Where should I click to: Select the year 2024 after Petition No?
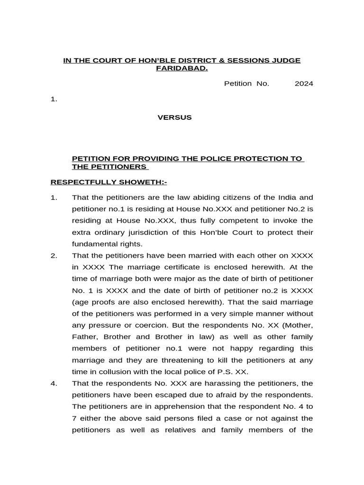click(x=304, y=84)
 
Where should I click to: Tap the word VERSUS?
click(x=174, y=117)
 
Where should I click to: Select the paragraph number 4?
click(x=54, y=383)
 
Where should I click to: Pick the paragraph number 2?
click(x=54, y=255)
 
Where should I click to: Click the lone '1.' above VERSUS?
click(x=54, y=99)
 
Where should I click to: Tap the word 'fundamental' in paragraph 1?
click(x=94, y=244)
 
